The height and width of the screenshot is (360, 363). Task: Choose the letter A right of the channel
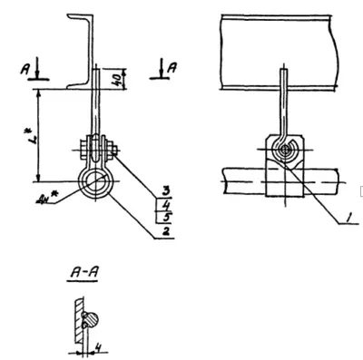pos(172,66)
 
